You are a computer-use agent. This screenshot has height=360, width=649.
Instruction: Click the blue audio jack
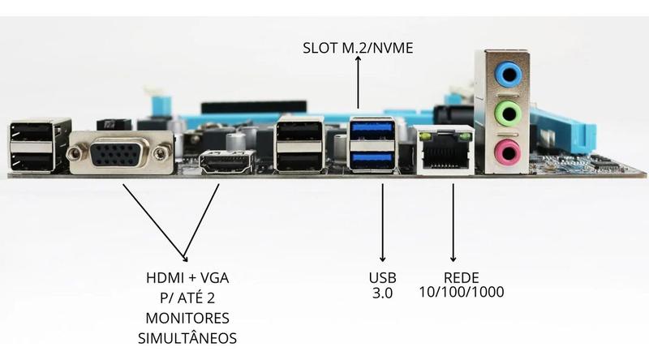[x=508, y=75]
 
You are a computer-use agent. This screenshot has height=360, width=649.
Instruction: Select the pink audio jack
[x=508, y=152]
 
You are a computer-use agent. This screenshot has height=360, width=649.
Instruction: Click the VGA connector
[x=121, y=153]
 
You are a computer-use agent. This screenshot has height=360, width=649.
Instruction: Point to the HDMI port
[x=227, y=162]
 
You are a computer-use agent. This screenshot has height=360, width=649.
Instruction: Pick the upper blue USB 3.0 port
[x=372, y=128]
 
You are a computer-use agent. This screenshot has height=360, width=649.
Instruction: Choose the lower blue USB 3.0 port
[x=372, y=159]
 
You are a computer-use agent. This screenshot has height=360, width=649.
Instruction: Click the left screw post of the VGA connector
[x=75, y=154]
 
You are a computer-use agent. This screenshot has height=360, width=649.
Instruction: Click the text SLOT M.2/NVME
[x=358, y=48]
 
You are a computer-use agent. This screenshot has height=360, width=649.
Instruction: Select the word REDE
[x=461, y=277]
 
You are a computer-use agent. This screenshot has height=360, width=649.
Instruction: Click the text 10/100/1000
[x=462, y=292]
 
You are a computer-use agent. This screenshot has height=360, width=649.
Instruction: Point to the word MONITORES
[x=187, y=318]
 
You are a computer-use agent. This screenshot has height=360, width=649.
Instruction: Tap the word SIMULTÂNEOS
[x=187, y=337]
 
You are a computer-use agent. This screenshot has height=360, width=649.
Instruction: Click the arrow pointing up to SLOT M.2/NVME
[x=358, y=82]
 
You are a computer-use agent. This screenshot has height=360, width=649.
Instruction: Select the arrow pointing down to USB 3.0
[x=382, y=223]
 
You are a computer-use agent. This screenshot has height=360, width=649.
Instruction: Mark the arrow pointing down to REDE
[x=453, y=223]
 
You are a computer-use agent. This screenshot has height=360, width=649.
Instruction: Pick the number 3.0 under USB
[x=382, y=293]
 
